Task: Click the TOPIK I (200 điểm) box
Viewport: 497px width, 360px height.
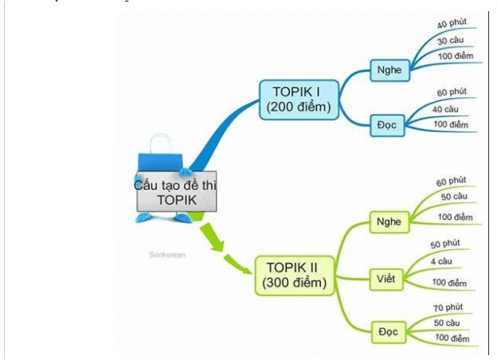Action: pos(299,99)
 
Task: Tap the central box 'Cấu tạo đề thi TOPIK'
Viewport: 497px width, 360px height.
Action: pos(177,193)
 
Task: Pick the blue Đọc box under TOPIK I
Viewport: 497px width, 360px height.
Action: pos(388,124)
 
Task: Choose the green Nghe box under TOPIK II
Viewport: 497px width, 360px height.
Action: pos(389,221)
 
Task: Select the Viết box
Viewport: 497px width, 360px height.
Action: pos(387,279)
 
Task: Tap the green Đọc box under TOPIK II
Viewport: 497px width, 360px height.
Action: pos(388,328)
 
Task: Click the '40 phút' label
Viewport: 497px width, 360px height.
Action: pos(452,24)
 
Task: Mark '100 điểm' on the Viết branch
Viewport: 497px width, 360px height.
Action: pos(449,283)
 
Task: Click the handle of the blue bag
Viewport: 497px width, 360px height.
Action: pos(162,143)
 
